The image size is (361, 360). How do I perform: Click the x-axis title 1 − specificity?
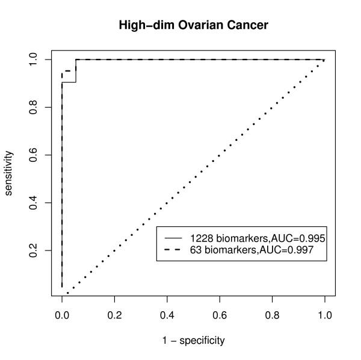tap(193, 340)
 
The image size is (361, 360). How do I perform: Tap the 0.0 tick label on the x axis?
tap(61, 315)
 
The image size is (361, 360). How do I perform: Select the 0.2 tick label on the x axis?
tap(114, 315)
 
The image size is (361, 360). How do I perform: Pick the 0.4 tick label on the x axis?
tap(167, 315)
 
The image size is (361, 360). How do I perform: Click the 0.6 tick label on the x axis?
tap(220, 315)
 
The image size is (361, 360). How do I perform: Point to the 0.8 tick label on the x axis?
tap(272, 315)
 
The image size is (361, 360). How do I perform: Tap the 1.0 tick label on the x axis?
tap(324, 315)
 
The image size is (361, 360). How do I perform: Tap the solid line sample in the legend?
tap(173, 238)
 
